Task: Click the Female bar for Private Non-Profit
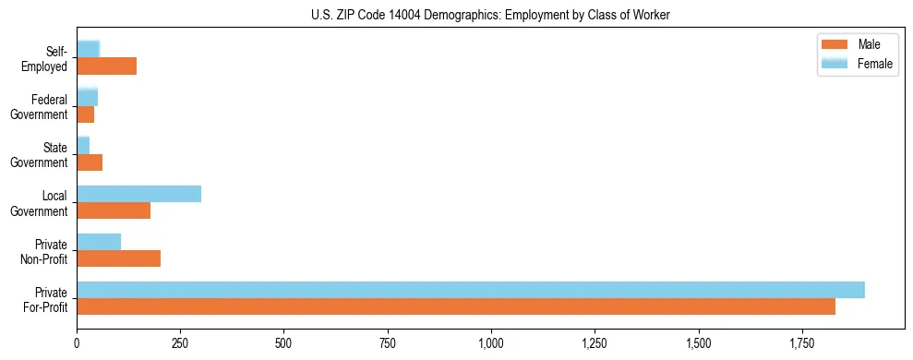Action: (99, 242)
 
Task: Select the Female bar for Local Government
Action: (138, 194)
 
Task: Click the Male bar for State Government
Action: (90, 162)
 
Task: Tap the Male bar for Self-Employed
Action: (106, 66)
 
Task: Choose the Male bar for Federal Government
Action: (85, 114)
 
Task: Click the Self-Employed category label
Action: (46, 58)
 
